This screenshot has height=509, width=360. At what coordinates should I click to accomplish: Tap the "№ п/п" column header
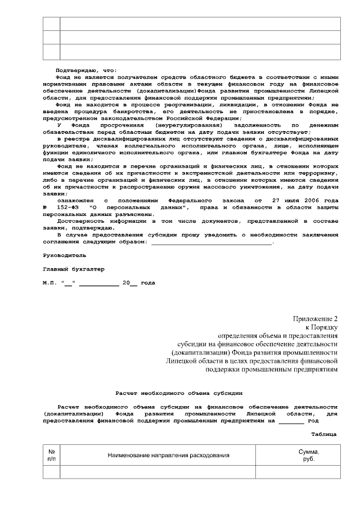click(52, 455)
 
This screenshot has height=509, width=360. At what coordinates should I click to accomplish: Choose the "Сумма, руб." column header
click(309, 455)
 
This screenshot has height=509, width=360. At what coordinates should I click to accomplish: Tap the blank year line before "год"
click(291, 421)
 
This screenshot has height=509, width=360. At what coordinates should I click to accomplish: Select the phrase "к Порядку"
click(321, 327)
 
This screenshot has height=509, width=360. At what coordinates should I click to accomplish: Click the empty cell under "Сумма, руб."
click(298, 472)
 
